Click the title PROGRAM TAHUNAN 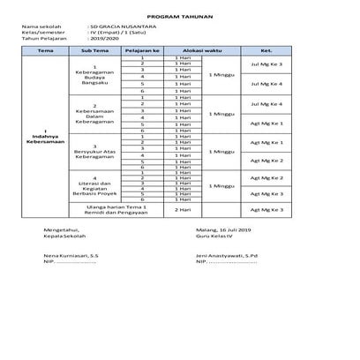click(180, 18)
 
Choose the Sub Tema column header click(94, 52)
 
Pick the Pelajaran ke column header click(141, 52)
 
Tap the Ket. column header click(266, 52)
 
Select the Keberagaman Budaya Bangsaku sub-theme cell click(94, 76)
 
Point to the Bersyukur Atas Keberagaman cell click(94, 152)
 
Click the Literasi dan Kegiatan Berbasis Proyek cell click(94, 186)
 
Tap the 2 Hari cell click(184, 211)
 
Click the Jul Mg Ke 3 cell click(266, 64)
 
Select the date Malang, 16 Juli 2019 click(223, 229)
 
